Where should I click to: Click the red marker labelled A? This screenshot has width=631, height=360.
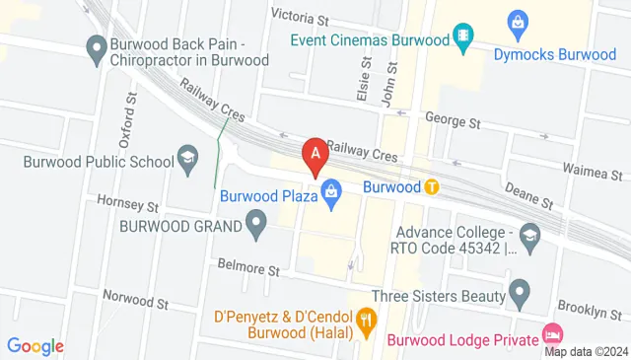(x=315, y=156)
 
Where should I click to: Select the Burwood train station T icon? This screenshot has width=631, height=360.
(x=432, y=185)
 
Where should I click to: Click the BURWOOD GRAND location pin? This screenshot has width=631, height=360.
(x=257, y=226)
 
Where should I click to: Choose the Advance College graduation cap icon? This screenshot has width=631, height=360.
(x=530, y=233)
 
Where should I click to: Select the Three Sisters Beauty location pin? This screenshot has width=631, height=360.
(x=520, y=292)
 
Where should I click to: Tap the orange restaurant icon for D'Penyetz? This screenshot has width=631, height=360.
(x=368, y=319)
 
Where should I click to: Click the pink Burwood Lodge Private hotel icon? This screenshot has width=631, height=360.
(x=553, y=334)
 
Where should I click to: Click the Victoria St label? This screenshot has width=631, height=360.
(x=299, y=18)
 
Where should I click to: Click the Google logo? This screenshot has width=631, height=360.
(x=35, y=345)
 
